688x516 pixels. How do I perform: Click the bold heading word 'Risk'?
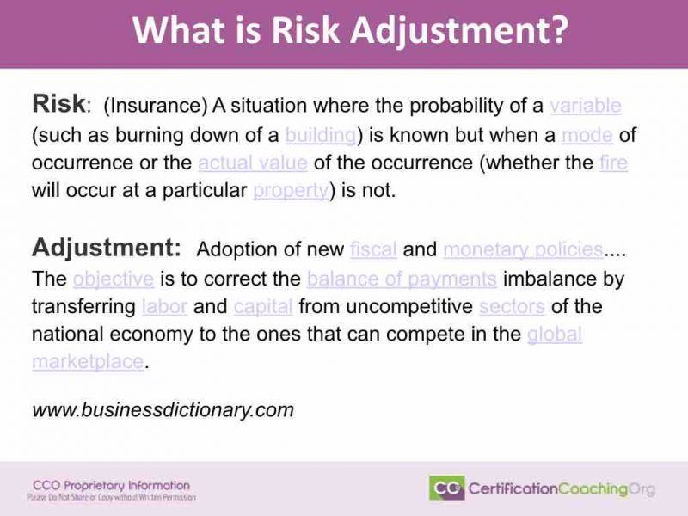[x=58, y=105]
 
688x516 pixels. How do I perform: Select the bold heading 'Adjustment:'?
[x=106, y=249]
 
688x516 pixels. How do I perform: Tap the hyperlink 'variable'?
[x=585, y=106]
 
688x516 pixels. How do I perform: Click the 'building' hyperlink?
[x=320, y=135]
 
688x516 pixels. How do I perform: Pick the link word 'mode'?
[x=587, y=135]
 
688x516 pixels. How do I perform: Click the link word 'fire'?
[x=613, y=163]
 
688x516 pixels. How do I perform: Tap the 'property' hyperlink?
[x=290, y=191]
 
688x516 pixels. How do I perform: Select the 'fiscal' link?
[x=373, y=249]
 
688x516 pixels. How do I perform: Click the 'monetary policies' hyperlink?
[x=523, y=249]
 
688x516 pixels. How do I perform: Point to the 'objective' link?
[x=114, y=279]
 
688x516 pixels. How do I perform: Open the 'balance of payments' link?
[x=402, y=279]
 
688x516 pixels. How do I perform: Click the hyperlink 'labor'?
[x=163, y=306]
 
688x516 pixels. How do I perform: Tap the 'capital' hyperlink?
[x=263, y=306]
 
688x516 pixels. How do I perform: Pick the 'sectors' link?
[x=512, y=306]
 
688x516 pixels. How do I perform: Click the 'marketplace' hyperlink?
[x=88, y=362]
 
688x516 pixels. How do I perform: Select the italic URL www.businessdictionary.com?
[x=163, y=410]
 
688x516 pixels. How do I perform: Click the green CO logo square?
[x=446, y=488]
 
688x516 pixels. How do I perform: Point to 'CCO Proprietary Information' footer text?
[x=111, y=485]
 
